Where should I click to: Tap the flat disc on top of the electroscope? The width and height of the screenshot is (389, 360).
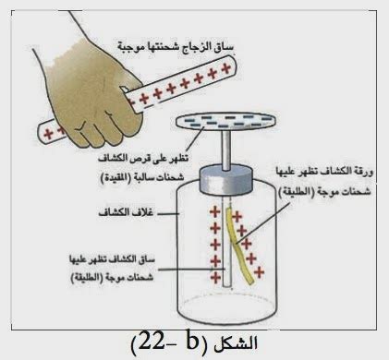[x=225, y=122]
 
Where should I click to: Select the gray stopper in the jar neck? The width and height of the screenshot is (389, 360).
[x=226, y=182]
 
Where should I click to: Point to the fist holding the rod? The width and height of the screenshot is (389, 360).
[x=92, y=95]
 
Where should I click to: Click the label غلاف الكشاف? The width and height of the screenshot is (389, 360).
[x=127, y=213]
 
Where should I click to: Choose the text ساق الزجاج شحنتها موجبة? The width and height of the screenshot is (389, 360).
[x=176, y=47]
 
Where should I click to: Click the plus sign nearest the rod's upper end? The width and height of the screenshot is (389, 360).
[x=226, y=68]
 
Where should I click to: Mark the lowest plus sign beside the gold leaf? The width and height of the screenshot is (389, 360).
[x=259, y=272]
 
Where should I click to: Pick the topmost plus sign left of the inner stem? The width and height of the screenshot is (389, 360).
[x=215, y=211]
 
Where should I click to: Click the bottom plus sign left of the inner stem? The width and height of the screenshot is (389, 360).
[x=215, y=278]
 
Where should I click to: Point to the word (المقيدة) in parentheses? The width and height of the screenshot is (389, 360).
[x=116, y=178]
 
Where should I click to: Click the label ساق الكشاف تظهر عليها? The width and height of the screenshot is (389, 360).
[x=113, y=259]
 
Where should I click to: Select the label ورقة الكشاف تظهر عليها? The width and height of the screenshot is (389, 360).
[x=324, y=173]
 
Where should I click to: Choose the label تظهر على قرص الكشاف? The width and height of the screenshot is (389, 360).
[x=143, y=159]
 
